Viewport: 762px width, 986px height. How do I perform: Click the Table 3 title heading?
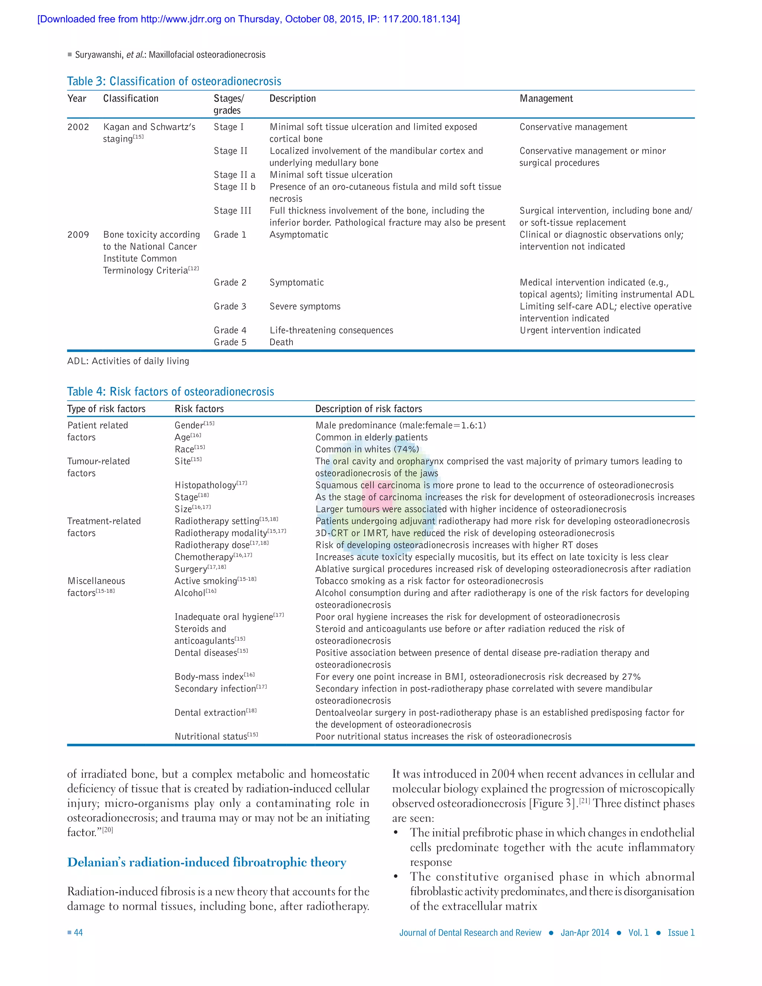coord(174,81)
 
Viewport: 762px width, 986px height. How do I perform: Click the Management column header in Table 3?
coord(546,99)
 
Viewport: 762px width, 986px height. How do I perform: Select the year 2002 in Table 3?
coord(78,127)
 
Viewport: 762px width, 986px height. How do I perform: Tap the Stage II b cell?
coord(234,186)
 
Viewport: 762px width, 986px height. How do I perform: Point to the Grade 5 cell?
coord(230,342)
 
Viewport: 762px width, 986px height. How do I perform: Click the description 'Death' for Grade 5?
coord(281,342)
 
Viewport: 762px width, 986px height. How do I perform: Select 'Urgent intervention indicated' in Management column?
coord(580,330)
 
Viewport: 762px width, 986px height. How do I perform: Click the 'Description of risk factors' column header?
coord(368,409)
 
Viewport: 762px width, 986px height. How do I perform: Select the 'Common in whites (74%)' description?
coord(367,449)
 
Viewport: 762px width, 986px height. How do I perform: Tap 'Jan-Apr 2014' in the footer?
coord(585,933)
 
